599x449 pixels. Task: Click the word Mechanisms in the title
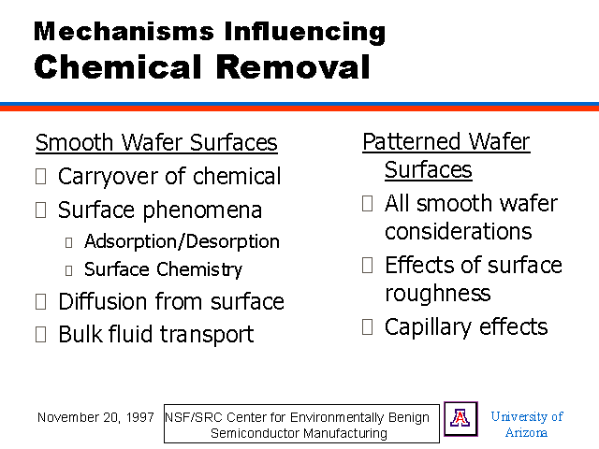[x=124, y=31]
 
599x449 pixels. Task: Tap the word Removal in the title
[x=293, y=66]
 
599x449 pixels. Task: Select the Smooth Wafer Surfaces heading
[x=156, y=143]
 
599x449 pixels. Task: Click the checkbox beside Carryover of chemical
[x=41, y=177]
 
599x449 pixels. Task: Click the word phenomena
[x=202, y=211]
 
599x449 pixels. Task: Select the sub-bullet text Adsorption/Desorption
[x=182, y=241]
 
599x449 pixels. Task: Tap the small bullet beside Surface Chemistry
[x=68, y=270]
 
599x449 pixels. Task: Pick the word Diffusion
[x=103, y=301]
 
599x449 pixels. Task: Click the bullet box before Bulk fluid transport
[x=41, y=335]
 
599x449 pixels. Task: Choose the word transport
[x=207, y=335]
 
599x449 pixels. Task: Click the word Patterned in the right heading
[x=413, y=142]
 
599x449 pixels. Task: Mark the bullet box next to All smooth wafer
[x=368, y=204]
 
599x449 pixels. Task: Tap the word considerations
[x=459, y=231]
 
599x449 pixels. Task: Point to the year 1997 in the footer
[x=140, y=417]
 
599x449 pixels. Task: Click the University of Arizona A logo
[x=460, y=419]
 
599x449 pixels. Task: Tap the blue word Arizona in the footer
[x=526, y=432]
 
